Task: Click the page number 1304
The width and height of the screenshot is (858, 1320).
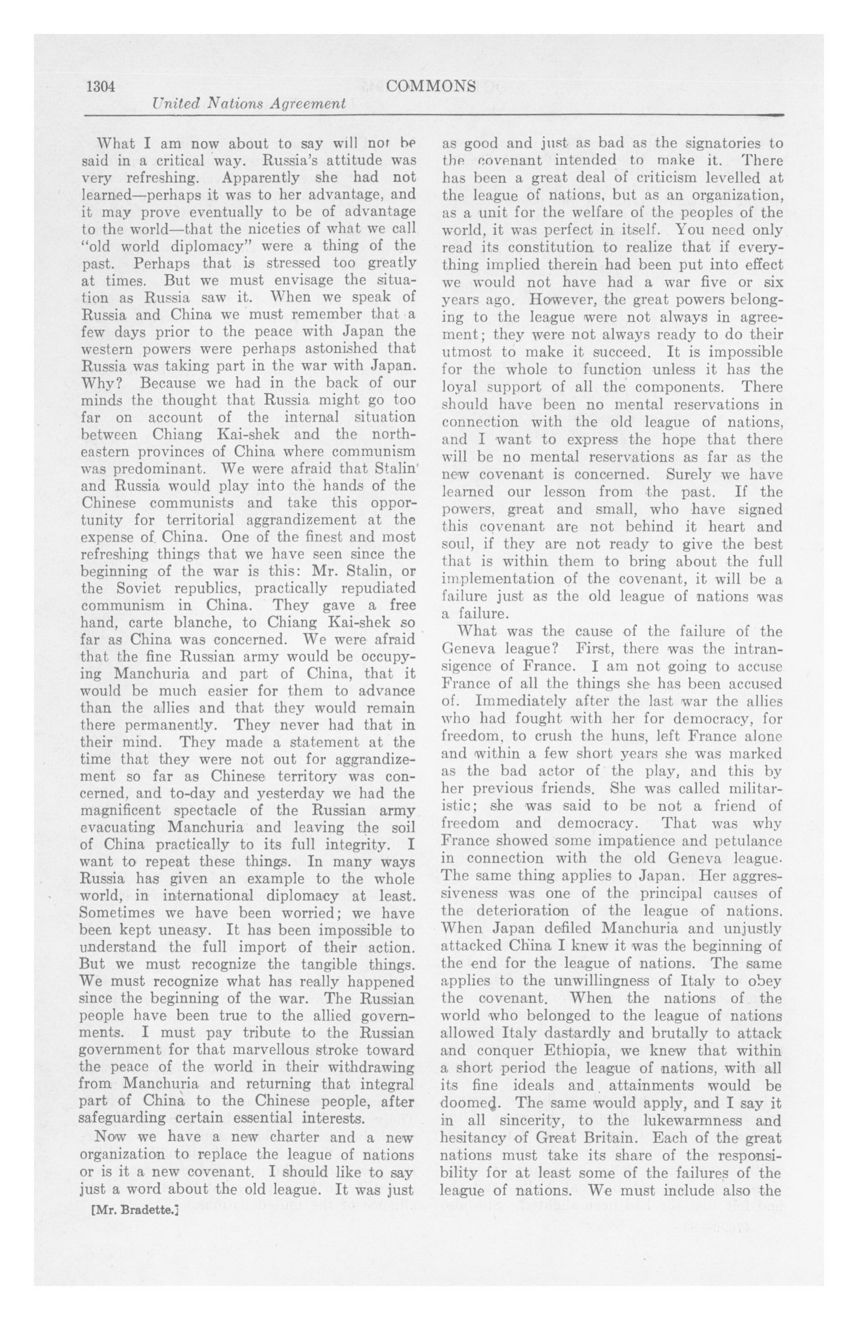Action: pos(100,87)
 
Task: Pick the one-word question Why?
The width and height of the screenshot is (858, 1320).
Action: pos(97,383)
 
